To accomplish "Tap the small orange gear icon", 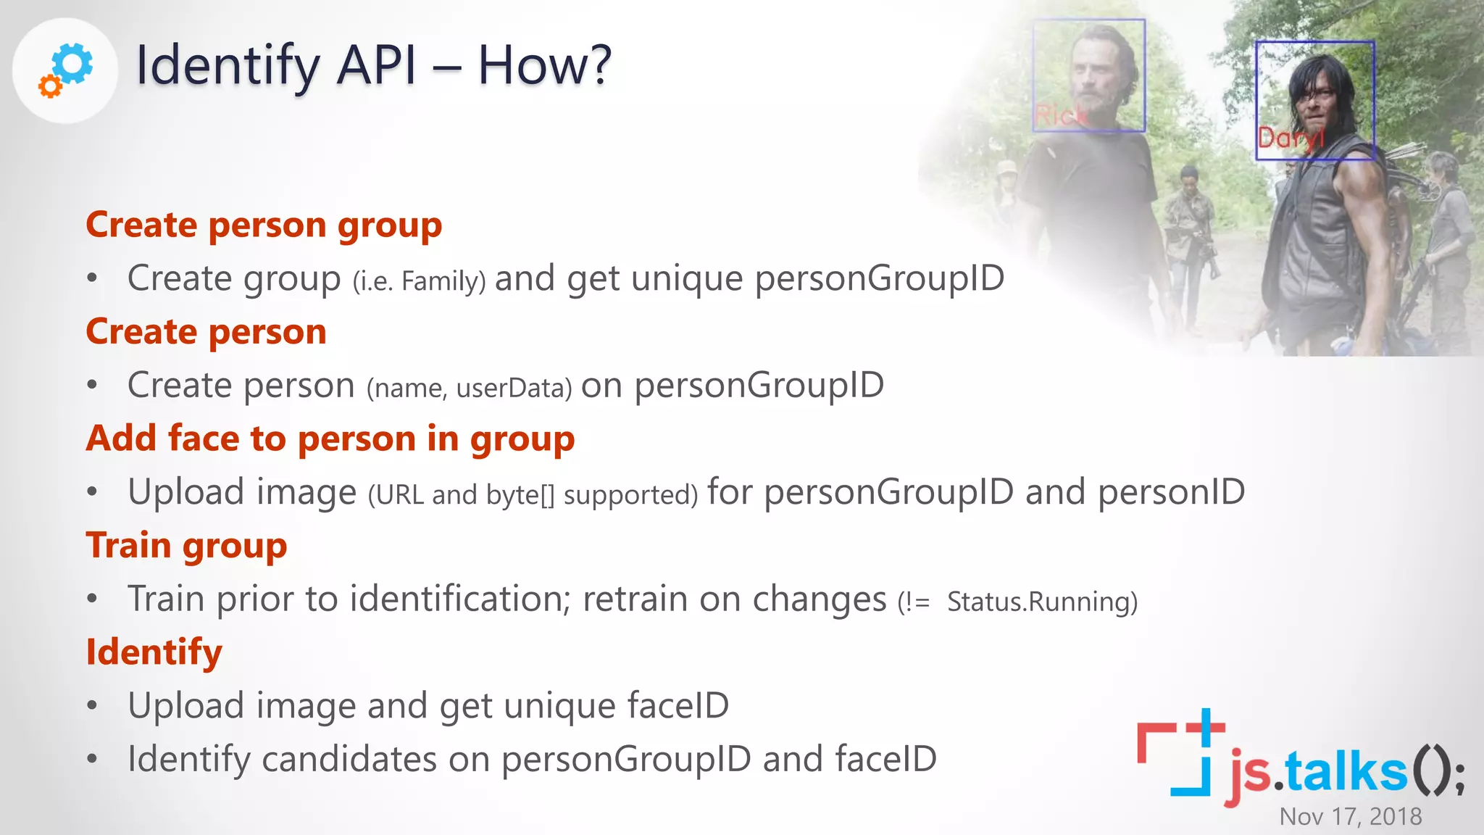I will click(50, 86).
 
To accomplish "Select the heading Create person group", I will click(264, 225).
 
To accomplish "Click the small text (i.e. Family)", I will click(419, 281).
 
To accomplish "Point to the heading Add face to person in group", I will click(330, 439).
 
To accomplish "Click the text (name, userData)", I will click(470, 388).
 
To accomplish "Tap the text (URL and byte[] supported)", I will click(533, 495).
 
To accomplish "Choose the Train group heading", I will click(186, 546).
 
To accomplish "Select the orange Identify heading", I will click(154, 652).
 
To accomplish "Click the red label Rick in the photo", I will click(1060, 115).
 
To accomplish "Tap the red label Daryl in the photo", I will click(1289, 137).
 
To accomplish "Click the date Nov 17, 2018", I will click(1351, 817).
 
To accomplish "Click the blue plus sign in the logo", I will click(1206, 726).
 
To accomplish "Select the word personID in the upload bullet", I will click(1171, 493).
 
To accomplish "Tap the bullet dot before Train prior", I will click(92, 599).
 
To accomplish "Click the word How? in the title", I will click(545, 66).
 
